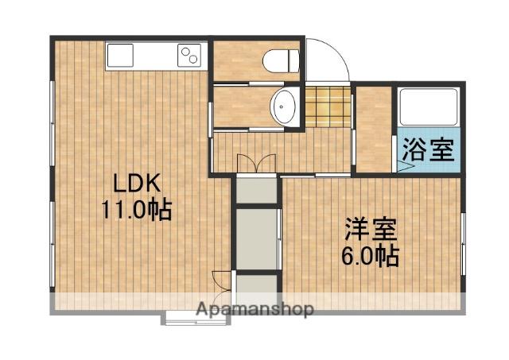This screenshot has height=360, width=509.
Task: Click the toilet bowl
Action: [282, 60]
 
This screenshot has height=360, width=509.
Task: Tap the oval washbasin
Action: [283, 106]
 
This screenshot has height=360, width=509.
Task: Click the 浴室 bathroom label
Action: [428, 149]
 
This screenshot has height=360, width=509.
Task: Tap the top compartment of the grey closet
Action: [256, 191]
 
